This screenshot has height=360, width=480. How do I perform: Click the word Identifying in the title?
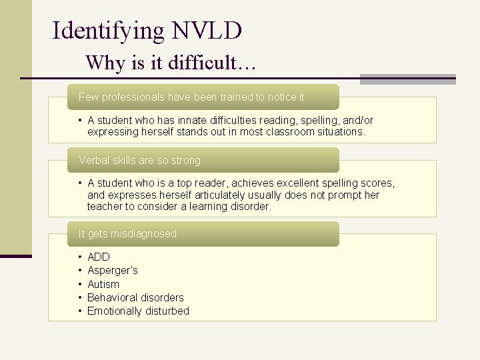click(x=109, y=31)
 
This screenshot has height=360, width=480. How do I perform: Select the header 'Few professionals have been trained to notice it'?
click(x=191, y=97)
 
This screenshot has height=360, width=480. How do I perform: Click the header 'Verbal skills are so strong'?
click(x=140, y=161)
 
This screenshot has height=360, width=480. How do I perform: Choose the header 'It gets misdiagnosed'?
click(x=127, y=234)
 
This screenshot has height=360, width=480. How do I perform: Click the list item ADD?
click(x=99, y=257)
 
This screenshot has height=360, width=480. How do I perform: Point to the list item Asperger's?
click(x=113, y=271)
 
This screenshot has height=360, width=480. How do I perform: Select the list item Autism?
click(x=103, y=285)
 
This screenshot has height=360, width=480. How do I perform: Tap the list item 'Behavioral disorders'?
click(x=135, y=298)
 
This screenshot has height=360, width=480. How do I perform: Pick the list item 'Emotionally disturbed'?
click(x=138, y=311)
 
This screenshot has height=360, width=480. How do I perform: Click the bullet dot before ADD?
click(x=79, y=257)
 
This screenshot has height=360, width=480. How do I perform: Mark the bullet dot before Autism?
click(x=79, y=285)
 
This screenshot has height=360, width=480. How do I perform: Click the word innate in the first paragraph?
click(x=188, y=121)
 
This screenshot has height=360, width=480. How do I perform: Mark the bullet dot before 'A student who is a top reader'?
click(x=79, y=183)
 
